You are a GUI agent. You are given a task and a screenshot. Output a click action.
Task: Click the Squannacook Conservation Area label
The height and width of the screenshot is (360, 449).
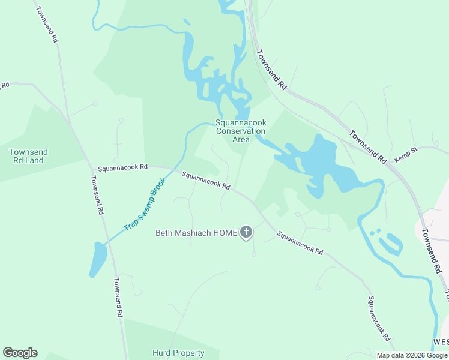pyautogui.click(x=241, y=131)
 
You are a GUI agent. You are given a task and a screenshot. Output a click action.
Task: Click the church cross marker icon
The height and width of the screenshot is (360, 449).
pyautogui.click(x=246, y=232)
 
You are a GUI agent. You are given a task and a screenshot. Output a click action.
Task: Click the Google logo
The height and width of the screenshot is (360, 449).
pyautogui.click(x=20, y=353)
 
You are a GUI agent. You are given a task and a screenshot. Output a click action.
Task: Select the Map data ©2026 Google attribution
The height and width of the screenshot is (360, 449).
pyautogui.click(x=412, y=355)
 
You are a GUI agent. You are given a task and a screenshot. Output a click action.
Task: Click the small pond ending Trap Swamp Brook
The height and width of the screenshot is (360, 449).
pyautogui.click(x=97, y=259)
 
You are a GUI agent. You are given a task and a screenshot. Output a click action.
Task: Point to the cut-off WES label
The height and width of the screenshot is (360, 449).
pyautogui.click(x=441, y=341)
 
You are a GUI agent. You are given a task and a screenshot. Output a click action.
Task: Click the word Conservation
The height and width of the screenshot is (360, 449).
pyautogui.click(x=241, y=131)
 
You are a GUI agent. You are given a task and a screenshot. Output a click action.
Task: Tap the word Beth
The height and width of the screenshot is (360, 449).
pyautogui.click(x=165, y=233)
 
